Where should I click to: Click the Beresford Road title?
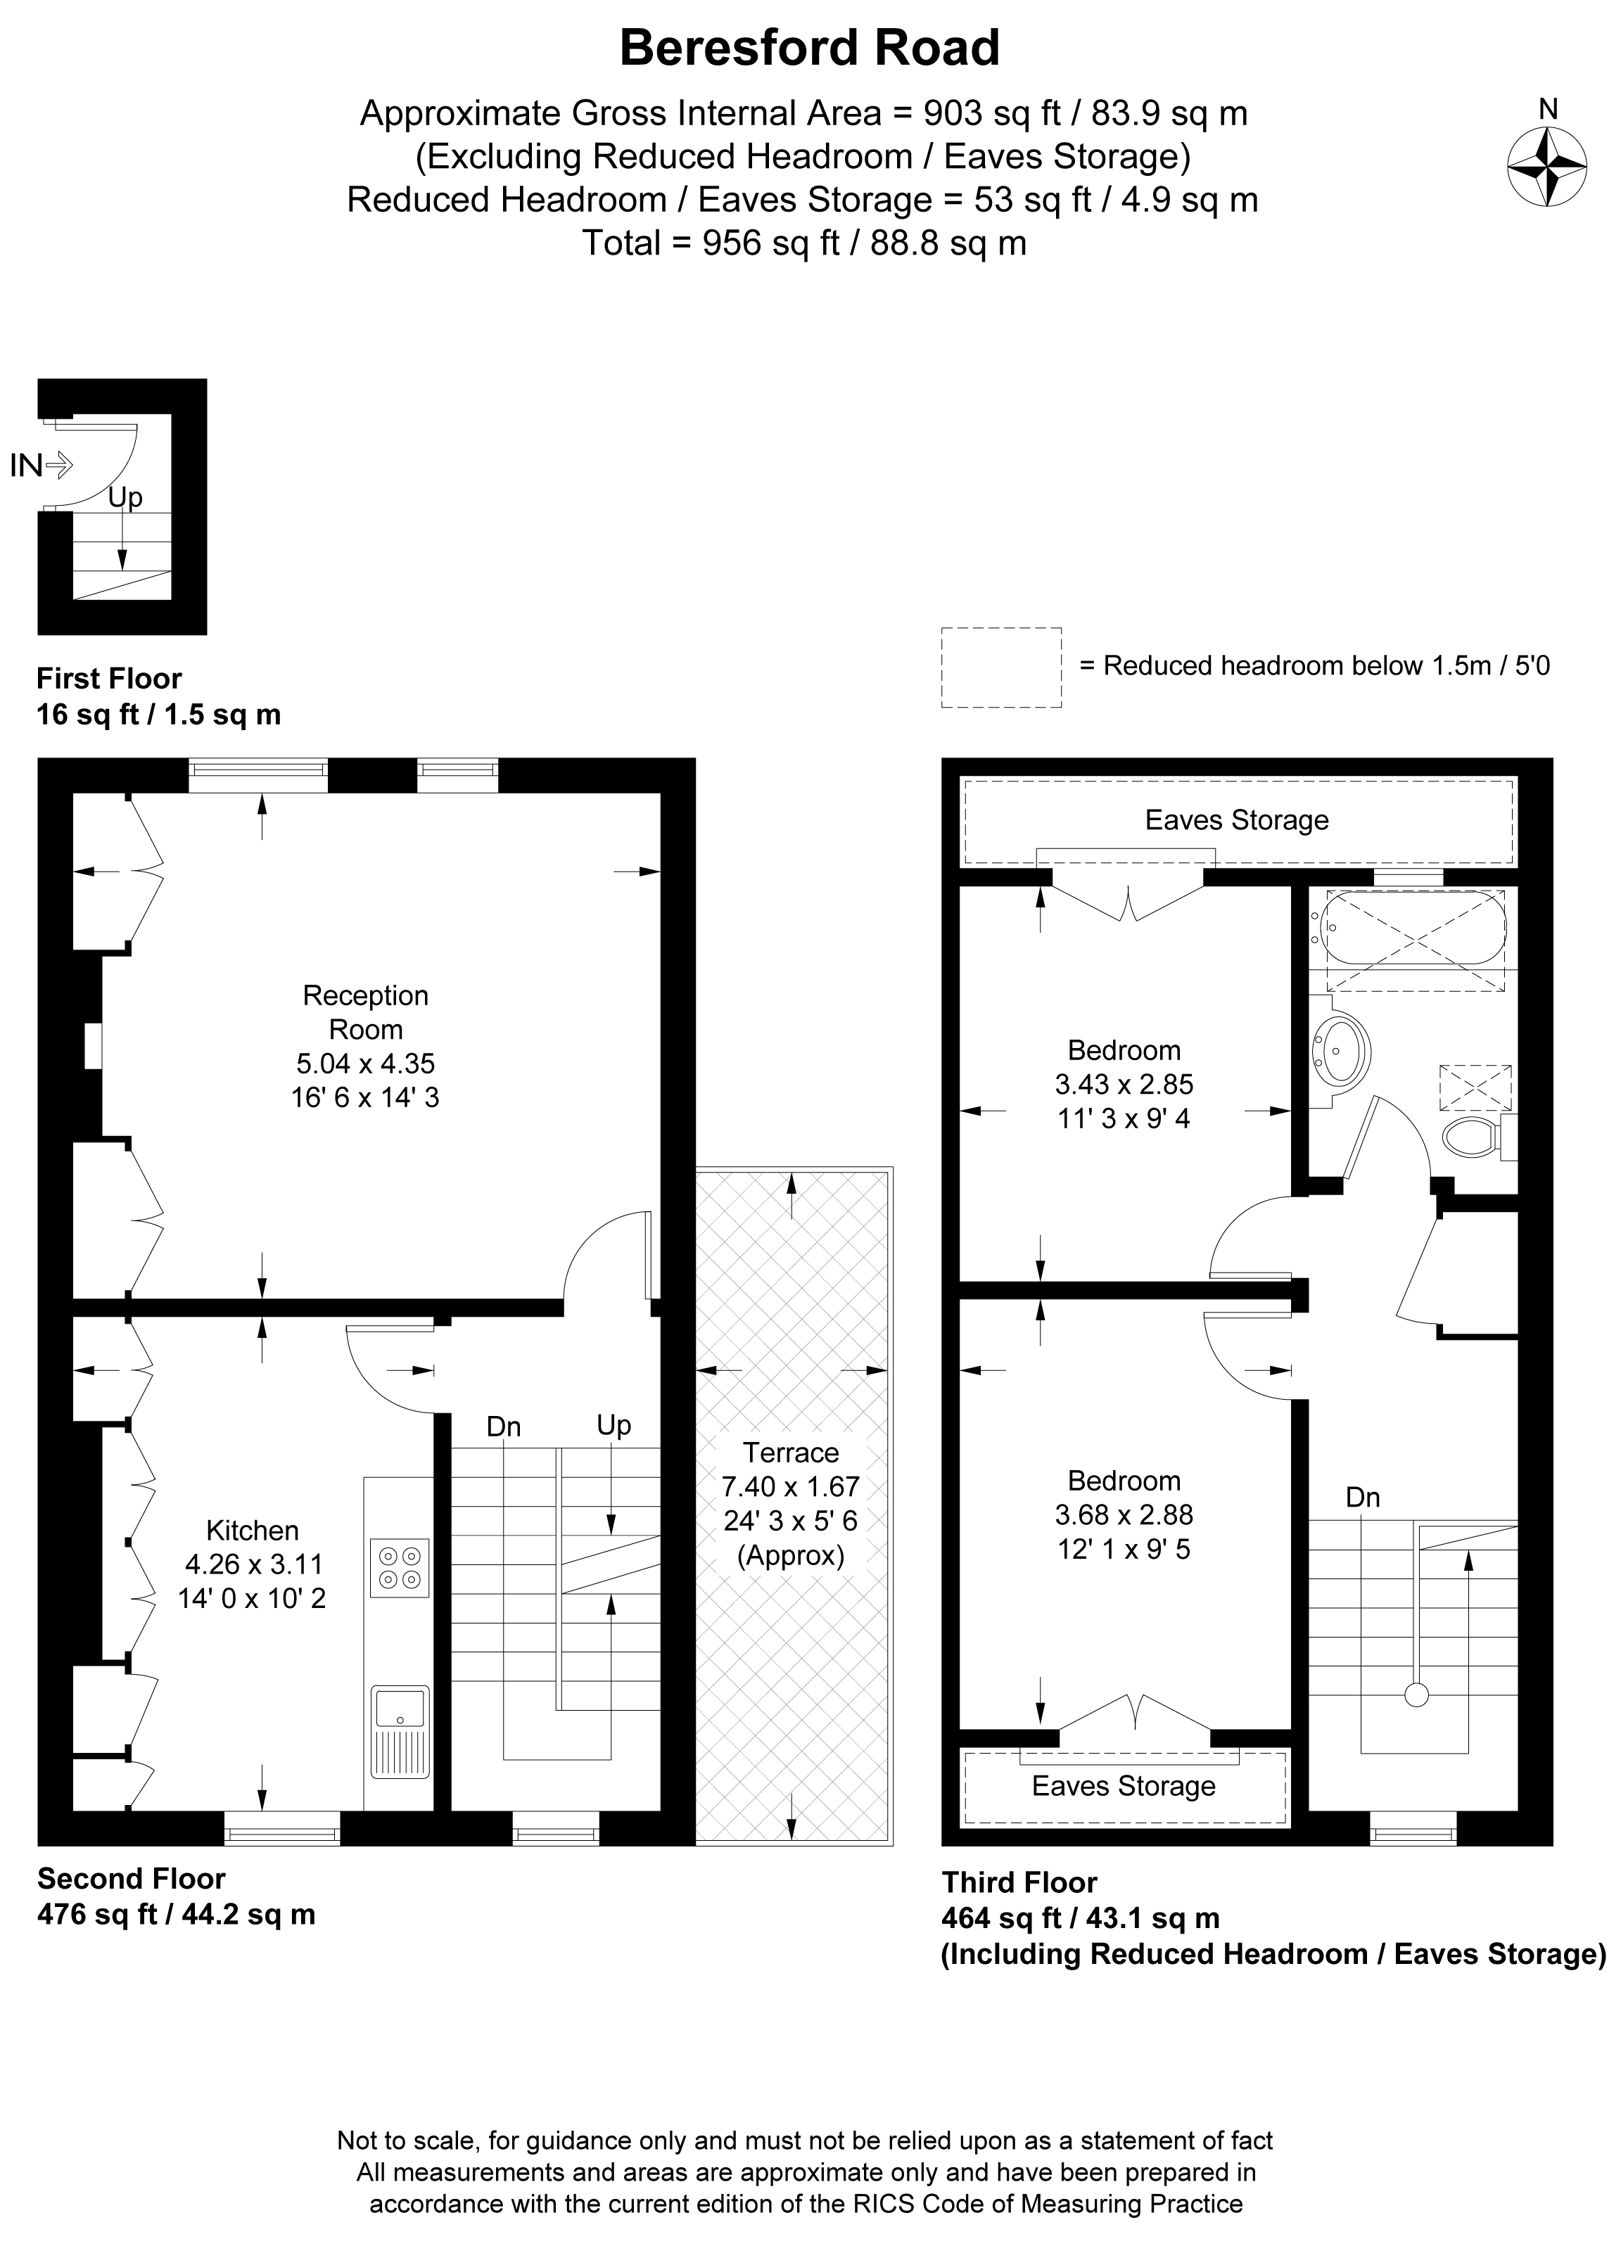pyautogui.click(x=809, y=49)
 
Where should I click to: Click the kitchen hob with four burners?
pyautogui.click(x=400, y=1569)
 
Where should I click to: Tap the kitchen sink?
pyautogui.click(x=400, y=1730)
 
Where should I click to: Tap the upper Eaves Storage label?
pyautogui.click(x=1236, y=820)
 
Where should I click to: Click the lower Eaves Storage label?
pyautogui.click(x=1123, y=1785)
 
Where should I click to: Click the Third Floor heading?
pyautogui.click(x=1019, y=1882)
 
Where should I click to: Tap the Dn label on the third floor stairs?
pyautogui.click(x=1363, y=1498)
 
